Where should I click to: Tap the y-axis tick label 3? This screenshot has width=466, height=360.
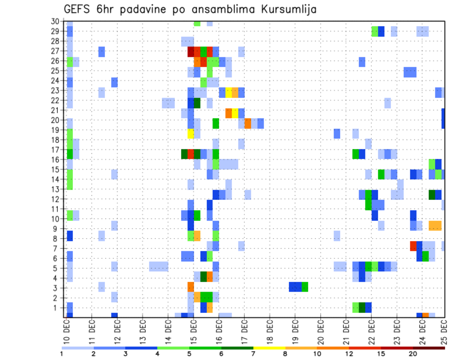pos(57,288)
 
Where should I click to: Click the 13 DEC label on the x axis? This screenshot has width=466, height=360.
pos(143,331)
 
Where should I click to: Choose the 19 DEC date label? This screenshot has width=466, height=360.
pos(295,331)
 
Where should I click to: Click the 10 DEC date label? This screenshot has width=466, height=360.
pos(67,331)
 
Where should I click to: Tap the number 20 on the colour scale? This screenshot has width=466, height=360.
pos(413,354)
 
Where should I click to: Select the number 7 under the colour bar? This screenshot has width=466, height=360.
pos(253,354)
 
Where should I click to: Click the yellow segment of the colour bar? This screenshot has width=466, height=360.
pos(269,348)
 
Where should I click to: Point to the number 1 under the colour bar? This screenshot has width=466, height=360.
pos(62,354)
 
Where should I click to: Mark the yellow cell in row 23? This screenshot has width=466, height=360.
pos(229,92)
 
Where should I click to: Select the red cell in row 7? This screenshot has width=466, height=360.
pos(413,245)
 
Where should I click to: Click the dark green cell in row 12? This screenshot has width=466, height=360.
pos(432,195)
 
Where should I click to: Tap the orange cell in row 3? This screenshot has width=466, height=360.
pos(191,287)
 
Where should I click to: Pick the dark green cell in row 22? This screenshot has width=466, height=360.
pos(197,102)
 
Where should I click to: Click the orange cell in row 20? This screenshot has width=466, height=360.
pos(248,123)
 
